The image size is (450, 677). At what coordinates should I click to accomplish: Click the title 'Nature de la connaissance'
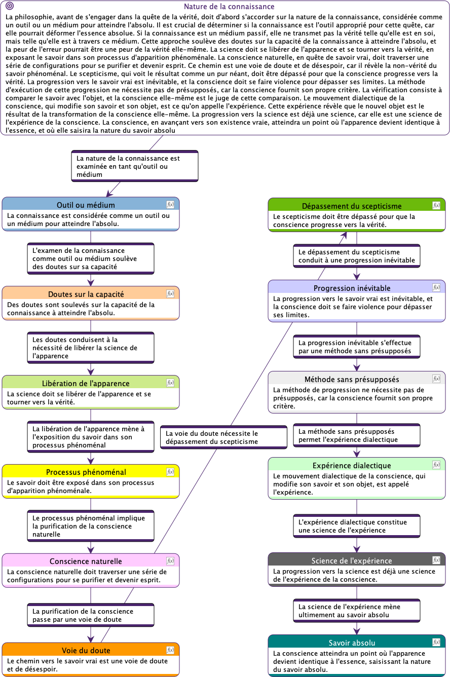(229, 7)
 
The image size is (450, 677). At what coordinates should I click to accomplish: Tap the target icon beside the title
(10, 6)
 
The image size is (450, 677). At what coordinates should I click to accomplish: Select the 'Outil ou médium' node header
(86, 205)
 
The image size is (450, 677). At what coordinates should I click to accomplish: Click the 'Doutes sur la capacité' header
(86, 294)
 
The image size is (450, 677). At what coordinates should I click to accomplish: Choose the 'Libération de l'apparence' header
(86, 383)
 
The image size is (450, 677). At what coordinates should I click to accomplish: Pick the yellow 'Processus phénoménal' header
(86, 472)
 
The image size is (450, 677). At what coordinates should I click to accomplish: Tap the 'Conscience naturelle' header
(86, 561)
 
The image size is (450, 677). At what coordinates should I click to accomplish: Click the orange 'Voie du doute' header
(86, 651)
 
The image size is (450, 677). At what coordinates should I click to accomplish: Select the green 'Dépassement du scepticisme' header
(352, 206)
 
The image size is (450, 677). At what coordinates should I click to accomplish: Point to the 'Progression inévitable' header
(352, 288)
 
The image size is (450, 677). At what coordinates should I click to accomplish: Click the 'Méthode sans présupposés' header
(352, 380)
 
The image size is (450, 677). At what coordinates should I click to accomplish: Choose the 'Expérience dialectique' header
(352, 465)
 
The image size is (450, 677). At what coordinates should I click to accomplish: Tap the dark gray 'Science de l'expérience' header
(352, 560)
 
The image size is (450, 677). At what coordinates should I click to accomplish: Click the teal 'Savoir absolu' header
(352, 643)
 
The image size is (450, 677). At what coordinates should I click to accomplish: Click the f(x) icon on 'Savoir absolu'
(436, 642)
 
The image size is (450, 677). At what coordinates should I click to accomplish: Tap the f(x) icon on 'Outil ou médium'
(170, 204)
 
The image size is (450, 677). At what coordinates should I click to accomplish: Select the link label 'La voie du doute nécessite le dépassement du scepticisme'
(223, 437)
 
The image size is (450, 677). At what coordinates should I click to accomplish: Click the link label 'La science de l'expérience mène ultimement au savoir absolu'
(357, 611)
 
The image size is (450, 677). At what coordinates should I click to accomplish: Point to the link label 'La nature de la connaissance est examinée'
(135, 166)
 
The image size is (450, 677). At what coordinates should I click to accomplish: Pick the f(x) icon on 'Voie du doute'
(170, 650)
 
